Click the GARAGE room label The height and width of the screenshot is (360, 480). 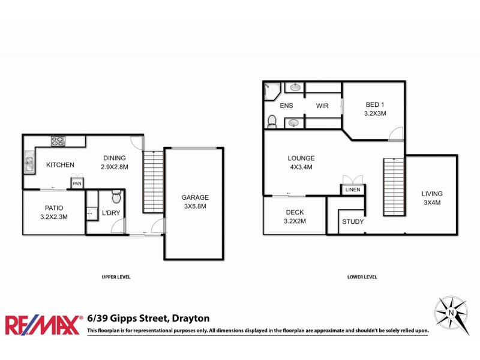195,197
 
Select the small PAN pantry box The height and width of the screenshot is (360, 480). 77,184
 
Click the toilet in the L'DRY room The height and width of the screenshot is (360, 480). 116,197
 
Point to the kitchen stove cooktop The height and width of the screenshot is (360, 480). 58,142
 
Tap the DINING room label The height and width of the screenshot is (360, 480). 114,158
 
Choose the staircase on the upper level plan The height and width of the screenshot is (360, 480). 153,181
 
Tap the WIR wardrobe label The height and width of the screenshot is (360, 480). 323,106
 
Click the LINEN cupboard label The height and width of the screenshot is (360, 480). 352,190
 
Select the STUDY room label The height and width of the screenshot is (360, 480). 353,221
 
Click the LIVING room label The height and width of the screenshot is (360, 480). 431,194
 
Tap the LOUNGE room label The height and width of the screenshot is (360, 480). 301,158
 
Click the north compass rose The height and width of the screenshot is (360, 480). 451,312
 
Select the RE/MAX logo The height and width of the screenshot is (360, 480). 43,324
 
